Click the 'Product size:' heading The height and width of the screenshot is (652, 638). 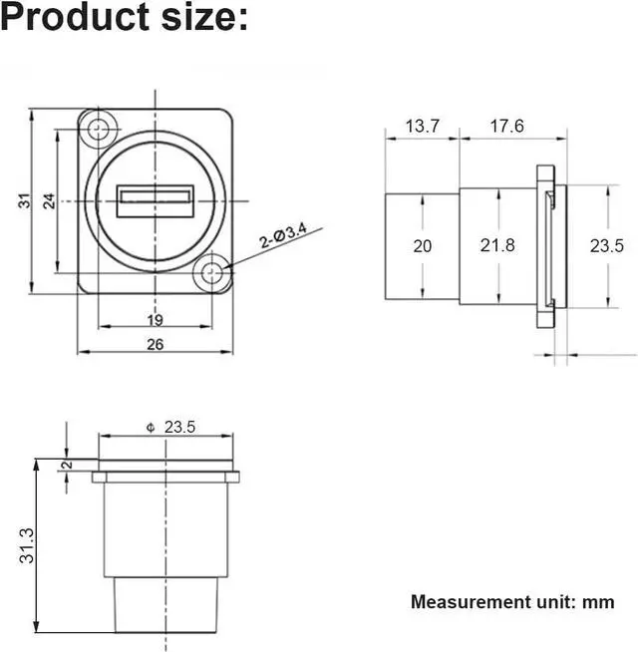[x=124, y=17]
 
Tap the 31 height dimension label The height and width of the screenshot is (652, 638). [x=25, y=200]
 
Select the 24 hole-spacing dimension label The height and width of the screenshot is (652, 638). [x=49, y=200]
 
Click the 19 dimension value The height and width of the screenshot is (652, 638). [x=156, y=320]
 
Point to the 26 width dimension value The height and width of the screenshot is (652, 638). [x=156, y=344]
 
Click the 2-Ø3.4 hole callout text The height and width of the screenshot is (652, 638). [x=283, y=235]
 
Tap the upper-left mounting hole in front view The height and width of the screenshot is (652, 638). [x=98, y=129]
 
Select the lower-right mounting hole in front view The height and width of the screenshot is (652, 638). [x=211, y=273]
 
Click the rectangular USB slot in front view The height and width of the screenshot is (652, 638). [x=156, y=201]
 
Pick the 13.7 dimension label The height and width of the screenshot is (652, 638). [x=422, y=127]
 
